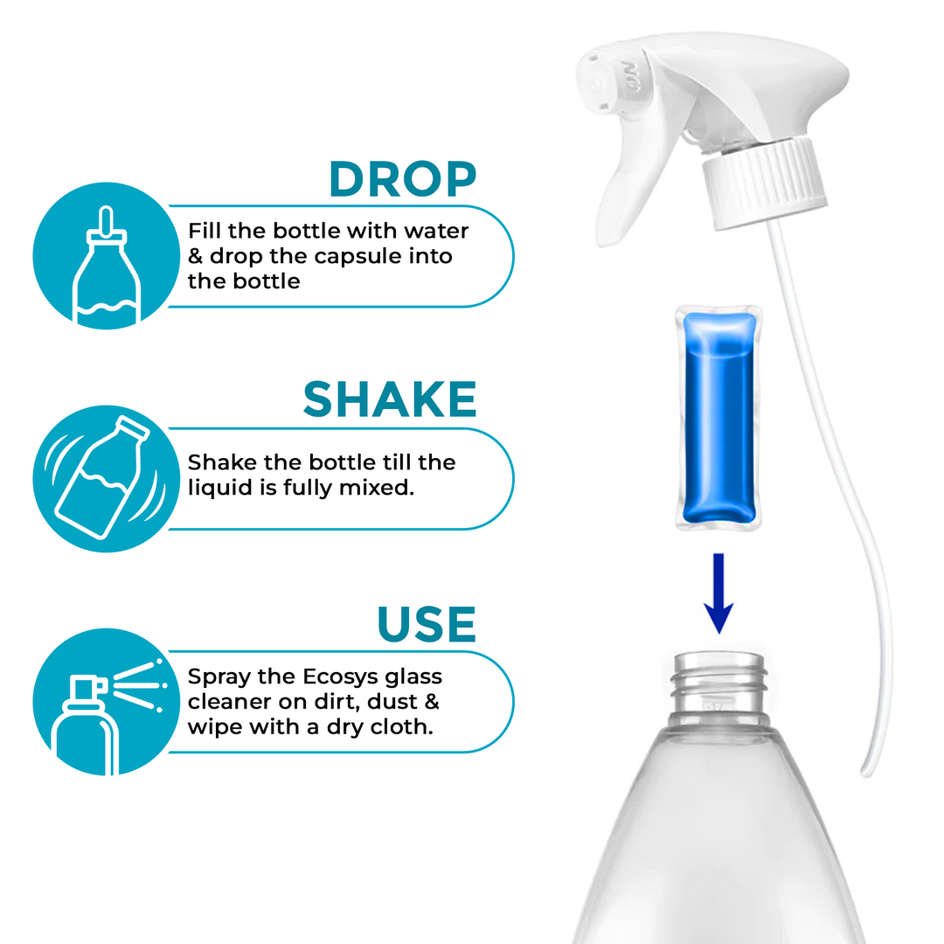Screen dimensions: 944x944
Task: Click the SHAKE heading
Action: click(x=390, y=399)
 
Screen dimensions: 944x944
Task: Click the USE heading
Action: click(x=427, y=623)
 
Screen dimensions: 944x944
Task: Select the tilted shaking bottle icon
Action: click(x=104, y=478)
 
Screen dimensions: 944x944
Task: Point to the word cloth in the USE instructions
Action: click(x=404, y=727)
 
